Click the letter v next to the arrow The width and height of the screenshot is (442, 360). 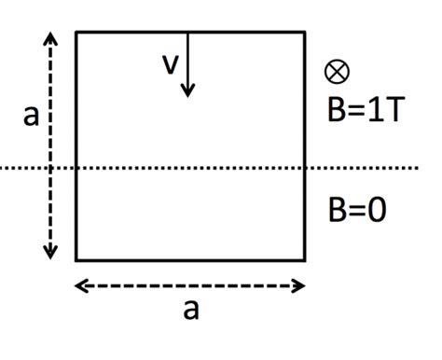coord(170,64)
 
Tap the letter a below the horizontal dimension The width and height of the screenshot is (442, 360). coord(190,309)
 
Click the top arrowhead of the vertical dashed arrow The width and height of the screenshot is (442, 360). coord(50,38)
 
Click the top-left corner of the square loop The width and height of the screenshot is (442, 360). coord(76,33)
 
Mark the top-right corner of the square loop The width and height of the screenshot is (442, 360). coord(305,33)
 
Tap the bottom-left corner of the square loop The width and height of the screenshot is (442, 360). coord(76,259)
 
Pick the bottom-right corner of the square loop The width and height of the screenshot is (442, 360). coord(305,259)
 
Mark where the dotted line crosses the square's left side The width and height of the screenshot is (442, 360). coord(76,168)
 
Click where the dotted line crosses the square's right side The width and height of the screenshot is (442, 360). coord(305,168)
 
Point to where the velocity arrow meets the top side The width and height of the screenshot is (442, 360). coord(187,33)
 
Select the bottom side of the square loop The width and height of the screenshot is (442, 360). coord(190,259)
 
